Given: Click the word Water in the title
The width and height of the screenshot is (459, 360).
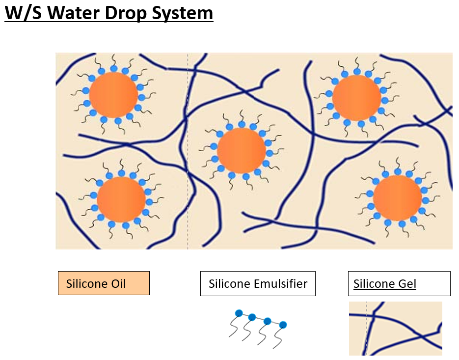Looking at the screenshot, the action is tap(73, 13).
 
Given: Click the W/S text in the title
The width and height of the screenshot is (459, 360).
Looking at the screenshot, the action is tap(23, 13).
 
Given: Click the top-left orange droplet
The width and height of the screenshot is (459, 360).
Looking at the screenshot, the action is tap(113, 95).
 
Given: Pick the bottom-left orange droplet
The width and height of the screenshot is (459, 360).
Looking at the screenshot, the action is tap(121, 199).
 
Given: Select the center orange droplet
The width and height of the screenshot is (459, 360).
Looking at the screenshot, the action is tap(242, 151).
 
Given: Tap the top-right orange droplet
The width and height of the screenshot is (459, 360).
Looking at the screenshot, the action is tap(356, 98).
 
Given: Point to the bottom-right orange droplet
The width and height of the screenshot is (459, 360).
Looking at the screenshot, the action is tap(398, 198).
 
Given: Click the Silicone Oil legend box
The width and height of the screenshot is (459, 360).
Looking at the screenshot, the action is tap(104, 283).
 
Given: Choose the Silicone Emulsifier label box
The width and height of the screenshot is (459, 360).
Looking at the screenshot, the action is tap(258, 283).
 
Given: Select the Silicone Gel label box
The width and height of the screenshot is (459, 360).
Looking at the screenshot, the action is tap(399, 283).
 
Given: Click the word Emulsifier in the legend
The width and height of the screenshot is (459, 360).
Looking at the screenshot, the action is tap(281, 283).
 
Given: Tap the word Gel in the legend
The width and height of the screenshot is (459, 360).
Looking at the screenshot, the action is tap(406, 283).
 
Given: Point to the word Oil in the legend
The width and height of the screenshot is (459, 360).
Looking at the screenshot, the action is tap(118, 283).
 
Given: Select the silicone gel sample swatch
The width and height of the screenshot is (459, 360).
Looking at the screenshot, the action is tap(396, 329).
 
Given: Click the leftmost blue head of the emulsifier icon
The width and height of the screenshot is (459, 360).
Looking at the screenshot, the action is tap(239, 313).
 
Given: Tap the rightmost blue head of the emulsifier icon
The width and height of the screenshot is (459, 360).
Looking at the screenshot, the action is tap(283, 325).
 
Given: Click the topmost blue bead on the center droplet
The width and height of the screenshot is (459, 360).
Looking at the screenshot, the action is tap(242, 124).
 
